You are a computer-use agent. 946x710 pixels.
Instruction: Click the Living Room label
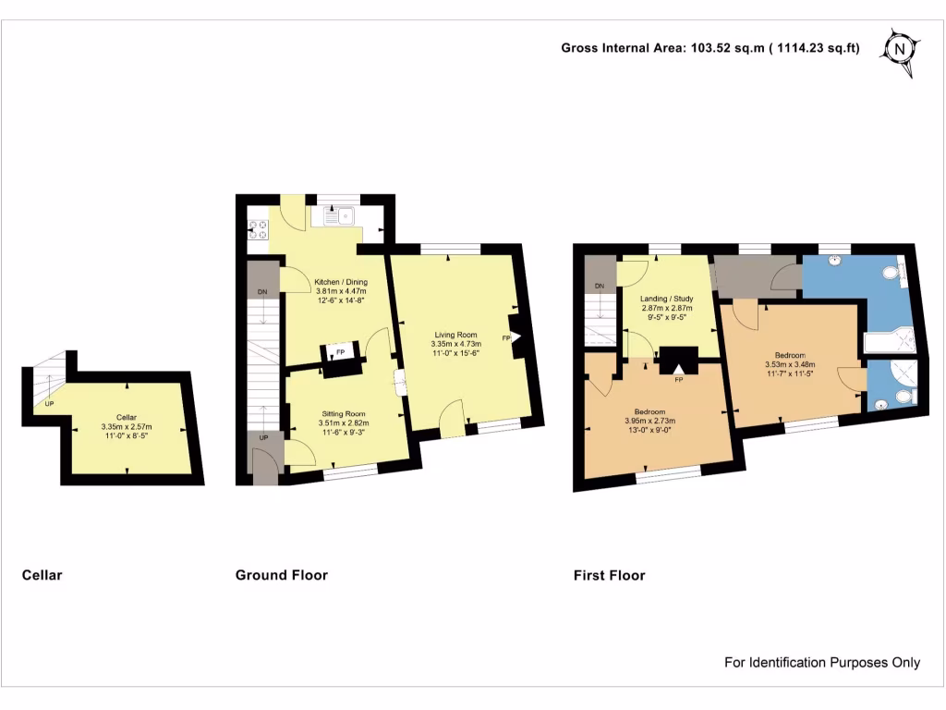pos(454,335)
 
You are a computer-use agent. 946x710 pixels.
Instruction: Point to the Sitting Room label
pos(344,413)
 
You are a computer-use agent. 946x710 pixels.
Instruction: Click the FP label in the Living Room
pos(505,338)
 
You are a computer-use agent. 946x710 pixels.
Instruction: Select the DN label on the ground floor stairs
pos(262,292)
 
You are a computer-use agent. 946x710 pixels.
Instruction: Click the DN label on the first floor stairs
pos(600,286)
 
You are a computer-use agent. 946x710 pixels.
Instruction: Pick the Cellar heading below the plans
pos(42,575)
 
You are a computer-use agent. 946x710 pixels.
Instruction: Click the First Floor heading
pos(609,575)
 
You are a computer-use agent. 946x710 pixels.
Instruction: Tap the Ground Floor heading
pos(282,575)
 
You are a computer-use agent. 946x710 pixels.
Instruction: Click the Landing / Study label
pos(668,299)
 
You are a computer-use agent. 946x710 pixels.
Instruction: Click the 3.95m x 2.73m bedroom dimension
pos(657,422)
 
